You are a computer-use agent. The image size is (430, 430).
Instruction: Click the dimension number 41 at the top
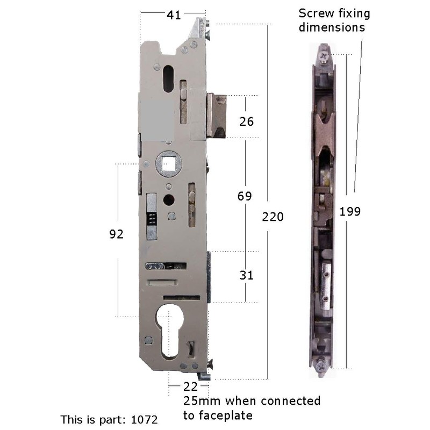173,16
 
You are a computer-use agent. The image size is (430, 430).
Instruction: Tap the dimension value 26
246,121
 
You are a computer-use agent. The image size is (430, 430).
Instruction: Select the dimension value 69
245,196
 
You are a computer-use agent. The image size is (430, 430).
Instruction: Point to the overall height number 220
273,217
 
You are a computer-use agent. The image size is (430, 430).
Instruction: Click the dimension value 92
116,234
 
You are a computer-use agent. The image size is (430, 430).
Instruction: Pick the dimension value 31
246,275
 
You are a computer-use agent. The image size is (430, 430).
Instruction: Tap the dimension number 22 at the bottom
190,386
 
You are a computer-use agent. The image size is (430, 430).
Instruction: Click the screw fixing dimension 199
350,211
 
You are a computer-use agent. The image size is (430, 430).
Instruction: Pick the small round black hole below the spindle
169,200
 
